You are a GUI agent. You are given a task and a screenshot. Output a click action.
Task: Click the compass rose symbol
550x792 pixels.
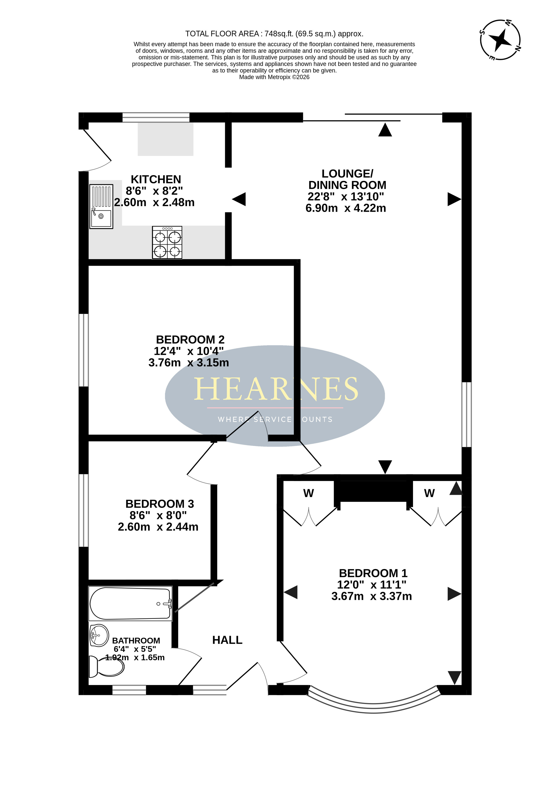tap(500, 40)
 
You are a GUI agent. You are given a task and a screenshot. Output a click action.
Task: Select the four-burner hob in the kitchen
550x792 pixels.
tap(167, 242)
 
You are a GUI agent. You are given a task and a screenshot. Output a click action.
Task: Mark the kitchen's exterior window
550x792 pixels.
tap(156, 117)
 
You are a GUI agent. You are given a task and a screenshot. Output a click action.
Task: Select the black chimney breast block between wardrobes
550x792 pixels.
tap(374, 491)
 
